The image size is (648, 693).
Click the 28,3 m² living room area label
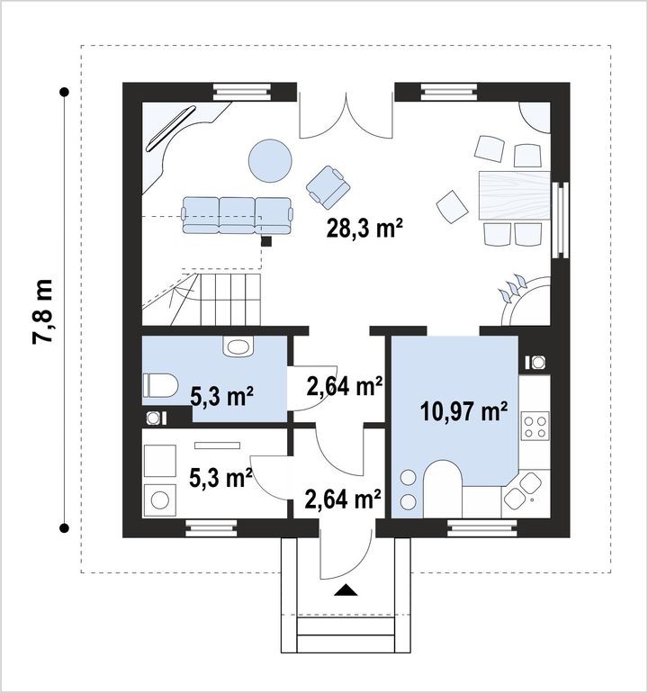click(x=364, y=228)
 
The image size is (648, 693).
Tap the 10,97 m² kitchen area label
click(x=463, y=412)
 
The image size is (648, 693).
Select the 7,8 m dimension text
click(x=43, y=310)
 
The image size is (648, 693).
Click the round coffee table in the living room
click(x=270, y=160)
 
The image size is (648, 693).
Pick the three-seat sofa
click(x=238, y=215)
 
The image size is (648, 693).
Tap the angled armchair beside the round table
click(x=328, y=187)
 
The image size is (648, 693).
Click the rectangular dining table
click(x=515, y=195)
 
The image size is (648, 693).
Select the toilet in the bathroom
click(x=160, y=385)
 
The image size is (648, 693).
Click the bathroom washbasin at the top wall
click(x=238, y=346)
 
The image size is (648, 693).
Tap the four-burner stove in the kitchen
click(x=535, y=426)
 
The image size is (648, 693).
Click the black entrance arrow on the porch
click(x=346, y=590)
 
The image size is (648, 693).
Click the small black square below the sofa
click(x=266, y=241)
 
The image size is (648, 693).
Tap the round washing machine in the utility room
click(x=159, y=499)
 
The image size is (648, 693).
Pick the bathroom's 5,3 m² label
click(x=221, y=395)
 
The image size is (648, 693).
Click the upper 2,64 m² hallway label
click(x=345, y=386)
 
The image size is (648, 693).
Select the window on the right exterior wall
click(x=559, y=220)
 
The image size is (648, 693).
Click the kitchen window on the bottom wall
click(x=481, y=527)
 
